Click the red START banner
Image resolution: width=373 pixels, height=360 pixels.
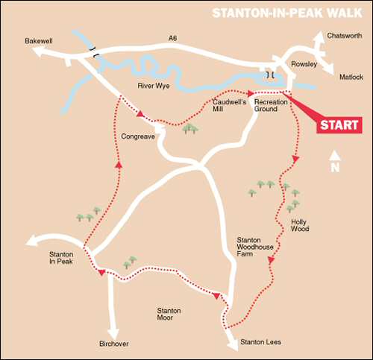click(x=339, y=125)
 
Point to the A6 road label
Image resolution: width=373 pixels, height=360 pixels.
click(x=173, y=37)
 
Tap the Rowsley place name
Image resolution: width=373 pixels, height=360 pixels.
click(x=304, y=65)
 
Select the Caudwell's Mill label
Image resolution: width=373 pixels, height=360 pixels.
click(x=227, y=104)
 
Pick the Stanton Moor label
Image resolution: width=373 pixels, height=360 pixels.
click(x=169, y=315)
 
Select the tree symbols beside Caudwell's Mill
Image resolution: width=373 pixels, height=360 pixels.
click(x=191, y=129)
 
